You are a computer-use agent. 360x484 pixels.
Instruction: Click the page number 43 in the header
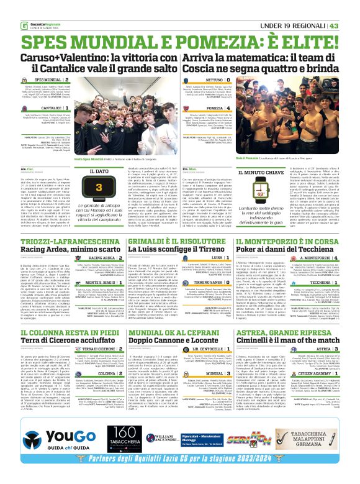[x=351, y=7]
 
